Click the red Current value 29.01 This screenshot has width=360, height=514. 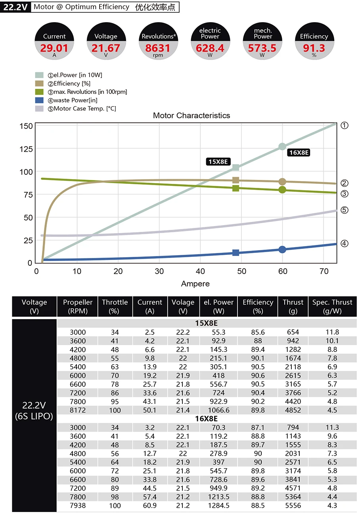[54, 48]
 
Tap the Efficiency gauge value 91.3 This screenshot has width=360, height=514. [314, 48]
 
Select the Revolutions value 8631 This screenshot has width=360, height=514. [158, 48]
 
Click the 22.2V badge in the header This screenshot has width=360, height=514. [15, 7]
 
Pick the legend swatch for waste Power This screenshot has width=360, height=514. [39, 100]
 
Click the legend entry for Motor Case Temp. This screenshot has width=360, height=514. [84, 109]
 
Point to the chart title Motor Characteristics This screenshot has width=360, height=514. [191, 116]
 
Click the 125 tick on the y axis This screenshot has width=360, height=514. [26, 149]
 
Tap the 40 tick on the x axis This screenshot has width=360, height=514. [200, 271]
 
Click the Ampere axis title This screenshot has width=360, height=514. [195, 284]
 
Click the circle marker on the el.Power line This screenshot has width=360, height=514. [282, 147]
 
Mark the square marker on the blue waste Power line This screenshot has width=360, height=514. [236, 253]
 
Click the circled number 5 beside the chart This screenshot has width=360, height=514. [345, 210]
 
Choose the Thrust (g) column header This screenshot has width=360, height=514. [293, 306]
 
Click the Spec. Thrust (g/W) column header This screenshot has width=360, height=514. [332, 306]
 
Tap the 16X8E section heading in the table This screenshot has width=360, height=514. [206, 419]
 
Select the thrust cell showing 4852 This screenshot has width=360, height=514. [293, 410]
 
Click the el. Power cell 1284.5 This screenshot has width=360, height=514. [218, 506]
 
